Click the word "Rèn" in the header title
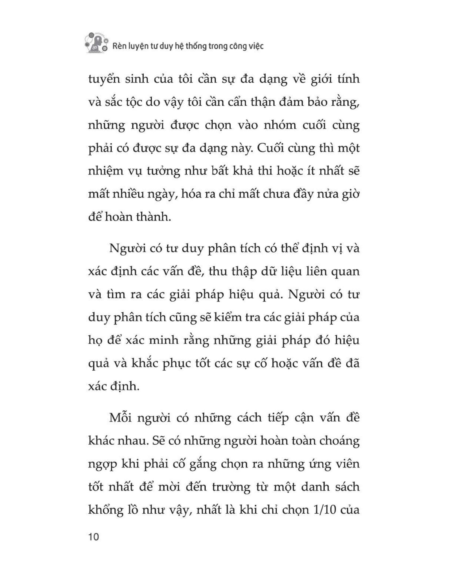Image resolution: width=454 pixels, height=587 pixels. pyautogui.click(x=119, y=46)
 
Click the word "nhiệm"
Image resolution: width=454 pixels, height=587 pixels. pyautogui.click(x=106, y=172)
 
